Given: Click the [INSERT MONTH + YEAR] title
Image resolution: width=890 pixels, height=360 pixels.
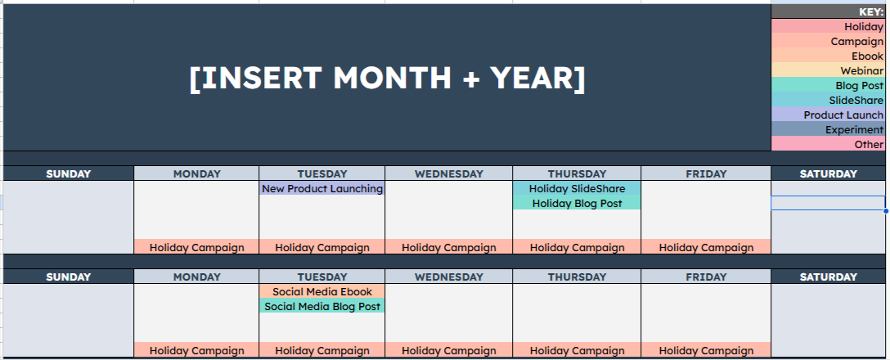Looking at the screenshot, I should tap(387, 78).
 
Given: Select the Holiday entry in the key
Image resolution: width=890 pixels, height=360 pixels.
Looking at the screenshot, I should tap(864, 27).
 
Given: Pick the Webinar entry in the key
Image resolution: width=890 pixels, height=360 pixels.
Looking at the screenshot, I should tap(861, 71).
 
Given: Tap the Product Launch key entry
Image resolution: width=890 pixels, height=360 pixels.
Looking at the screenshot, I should tap(843, 115).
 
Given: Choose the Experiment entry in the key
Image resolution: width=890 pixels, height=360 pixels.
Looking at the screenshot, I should tap(854, 130).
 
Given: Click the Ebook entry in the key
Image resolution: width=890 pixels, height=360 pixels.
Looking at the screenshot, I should tap(867, 56).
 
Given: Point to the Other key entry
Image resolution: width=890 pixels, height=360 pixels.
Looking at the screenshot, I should tap(869, 145).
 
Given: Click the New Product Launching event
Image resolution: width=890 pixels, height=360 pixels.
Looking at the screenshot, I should tap(322, 189).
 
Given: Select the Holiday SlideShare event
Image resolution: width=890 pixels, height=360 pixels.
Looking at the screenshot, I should tap(577, 189).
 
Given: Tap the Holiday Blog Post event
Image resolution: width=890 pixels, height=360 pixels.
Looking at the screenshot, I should tap(577, 204).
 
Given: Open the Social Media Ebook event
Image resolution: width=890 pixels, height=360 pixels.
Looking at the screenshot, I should tap(322, 292).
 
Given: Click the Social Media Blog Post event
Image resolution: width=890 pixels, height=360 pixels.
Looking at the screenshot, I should tap(322, 307).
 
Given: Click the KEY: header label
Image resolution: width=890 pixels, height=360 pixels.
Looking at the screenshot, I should tap(870, 12).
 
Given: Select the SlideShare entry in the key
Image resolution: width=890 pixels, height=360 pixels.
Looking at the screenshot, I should tap(856, 101).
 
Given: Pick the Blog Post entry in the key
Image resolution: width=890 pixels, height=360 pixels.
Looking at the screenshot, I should tap(859, 86).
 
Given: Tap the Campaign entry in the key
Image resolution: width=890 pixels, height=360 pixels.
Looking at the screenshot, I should tap(856, 42).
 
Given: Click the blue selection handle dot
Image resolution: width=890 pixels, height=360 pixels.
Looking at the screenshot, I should tap(886, 210).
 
